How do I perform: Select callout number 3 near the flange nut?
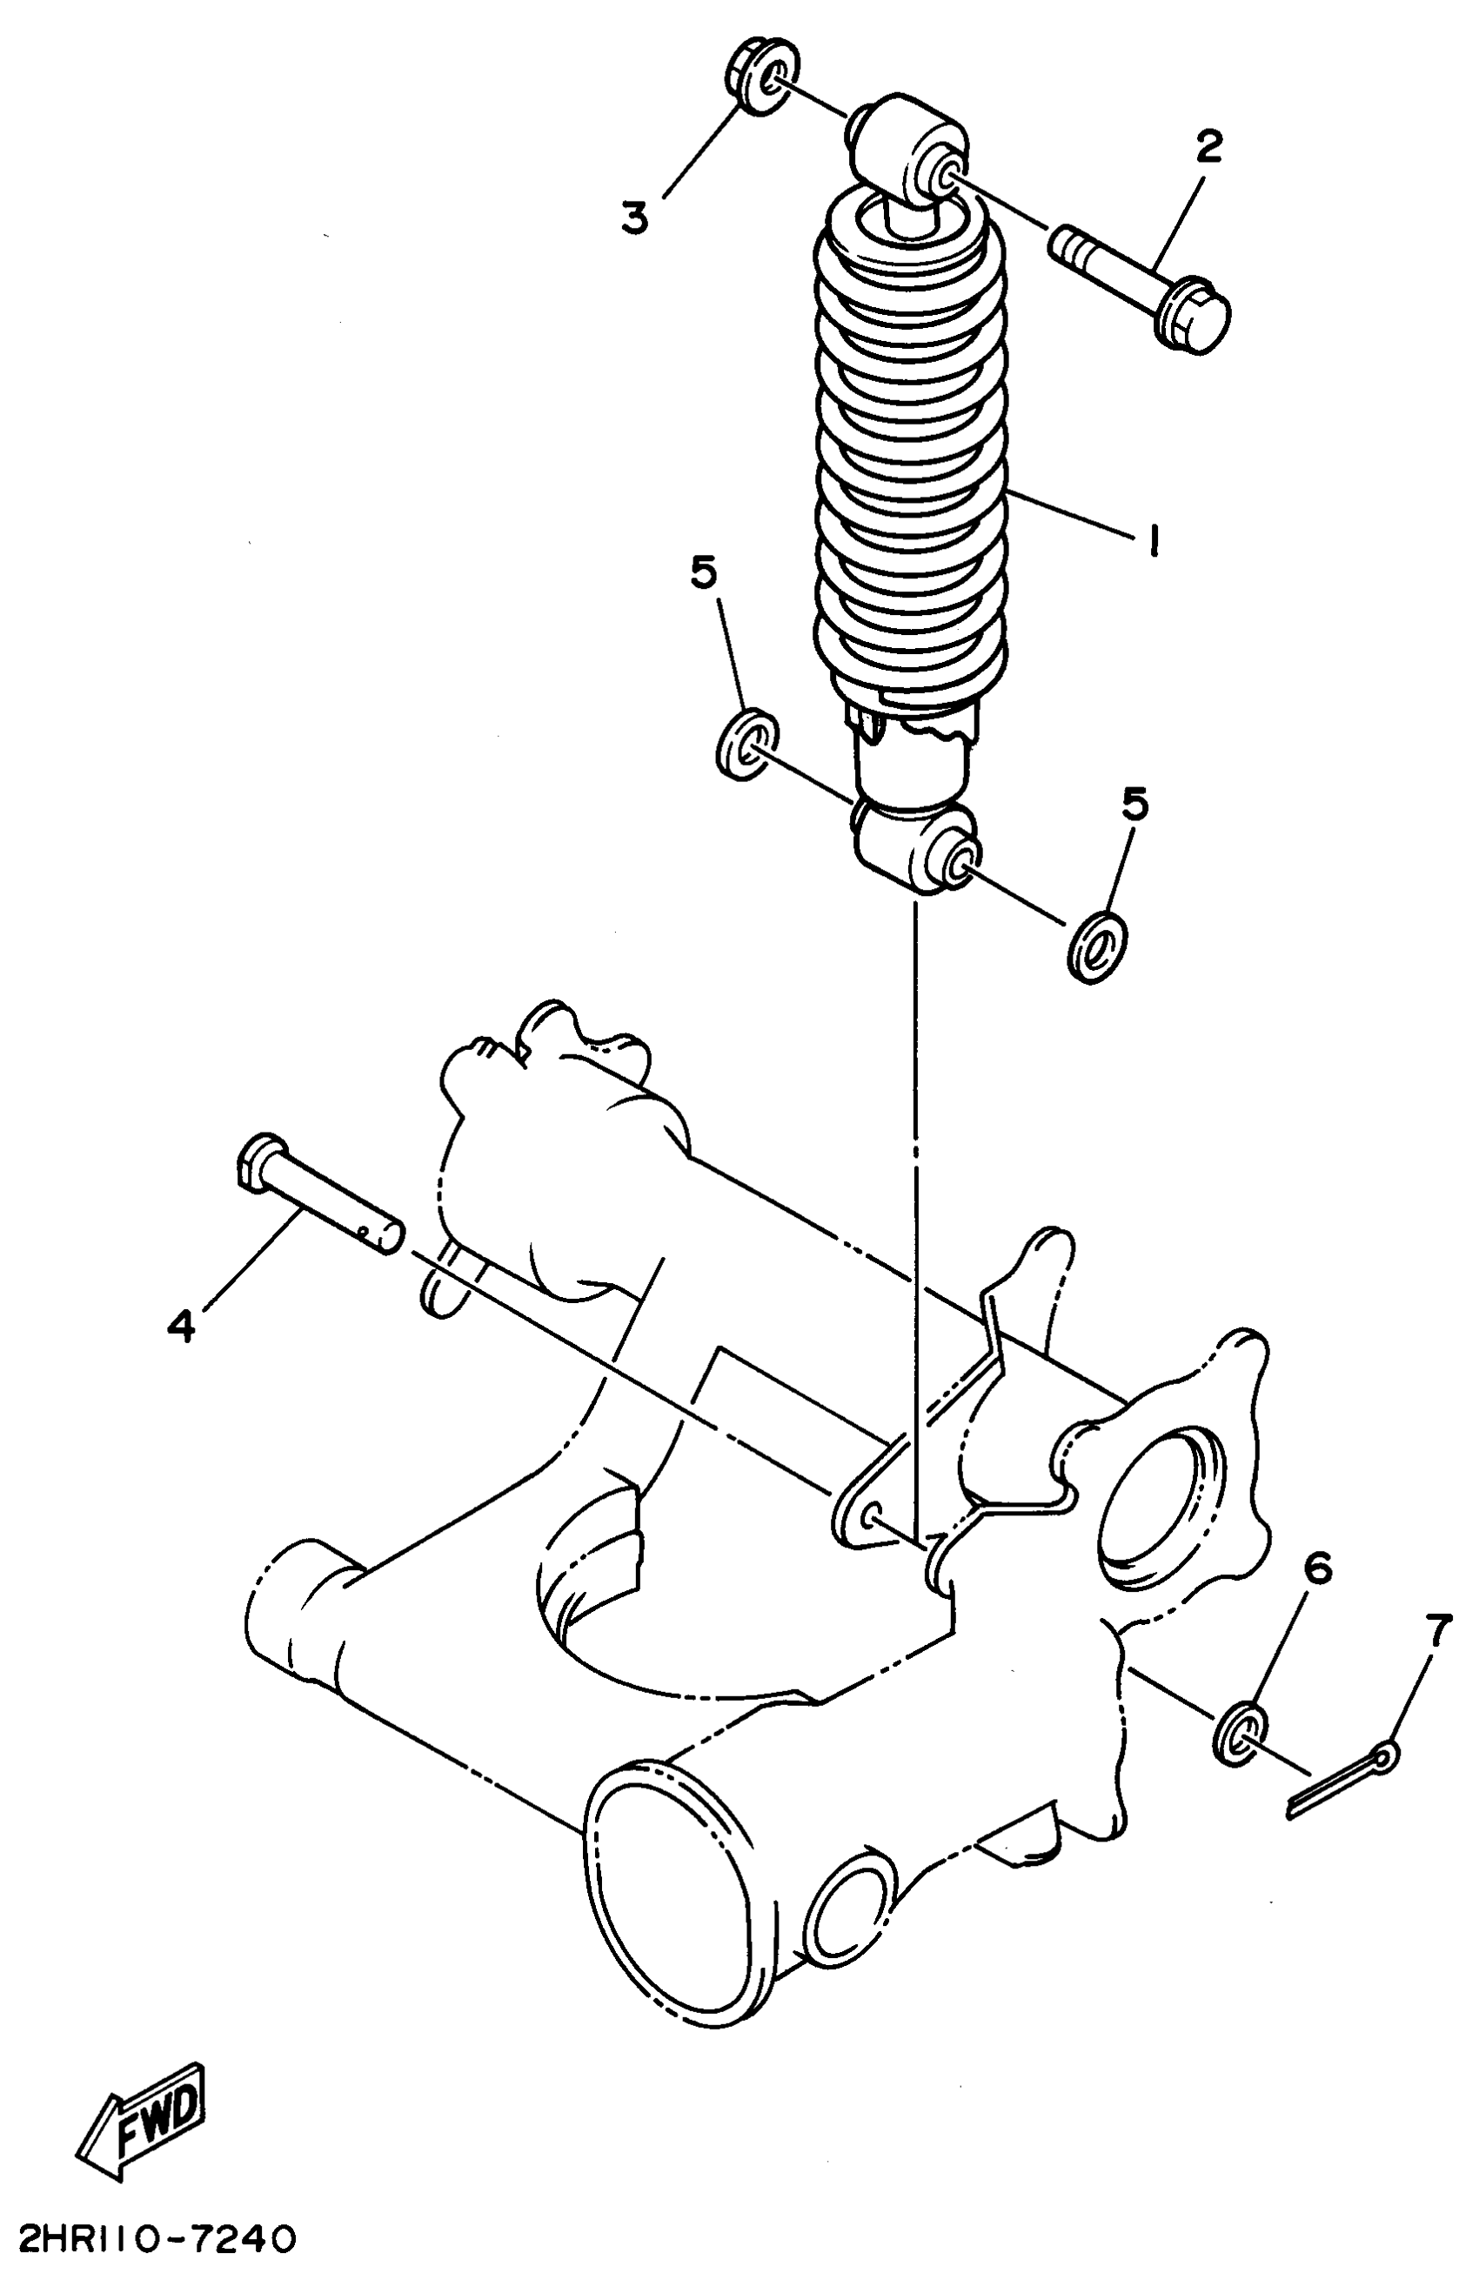[634, 217]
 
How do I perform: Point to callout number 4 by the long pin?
[181, 1327]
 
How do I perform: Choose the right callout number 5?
[1134, 806]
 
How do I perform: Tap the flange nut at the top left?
[759, 78]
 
